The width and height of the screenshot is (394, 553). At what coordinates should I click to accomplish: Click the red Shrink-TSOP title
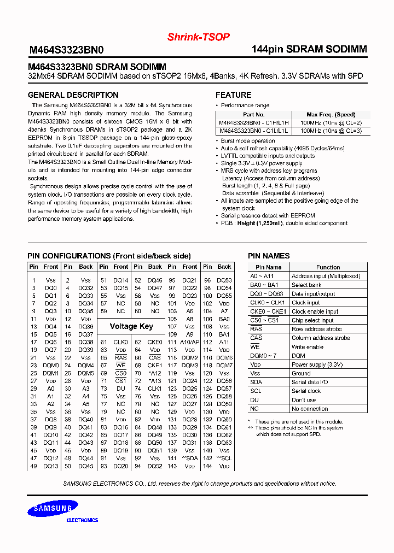pos(198,37)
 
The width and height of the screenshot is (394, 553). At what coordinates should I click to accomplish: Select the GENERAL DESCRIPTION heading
pos(73,95)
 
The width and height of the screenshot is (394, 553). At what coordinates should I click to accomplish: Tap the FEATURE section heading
pos(233,95)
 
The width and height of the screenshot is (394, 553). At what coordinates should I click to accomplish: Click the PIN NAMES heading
pos(269,256)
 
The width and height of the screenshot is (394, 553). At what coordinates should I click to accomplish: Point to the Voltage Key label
pos(131,326)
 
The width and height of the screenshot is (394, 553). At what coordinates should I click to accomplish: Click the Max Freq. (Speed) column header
pos(331,115)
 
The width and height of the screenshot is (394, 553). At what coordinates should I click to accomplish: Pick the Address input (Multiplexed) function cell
pos(326,276)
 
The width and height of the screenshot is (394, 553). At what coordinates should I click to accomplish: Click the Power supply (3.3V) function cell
pos(317,364)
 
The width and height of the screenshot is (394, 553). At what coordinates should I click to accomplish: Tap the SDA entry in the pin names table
pos(256,382)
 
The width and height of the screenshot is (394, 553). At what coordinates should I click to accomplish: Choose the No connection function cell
pos(310,409)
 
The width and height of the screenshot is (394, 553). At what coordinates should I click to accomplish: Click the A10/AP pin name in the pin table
pos(189,342)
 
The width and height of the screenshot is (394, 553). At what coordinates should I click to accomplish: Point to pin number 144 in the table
pos(207,467)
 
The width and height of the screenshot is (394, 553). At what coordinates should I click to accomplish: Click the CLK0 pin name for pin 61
pos(120,342)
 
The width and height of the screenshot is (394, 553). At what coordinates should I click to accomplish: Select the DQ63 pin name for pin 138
pos(224,443)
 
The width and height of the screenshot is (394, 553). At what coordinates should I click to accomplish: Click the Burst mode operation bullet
pos(244,141)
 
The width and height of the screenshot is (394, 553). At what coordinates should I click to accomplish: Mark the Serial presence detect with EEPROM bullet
pos(268,216)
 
